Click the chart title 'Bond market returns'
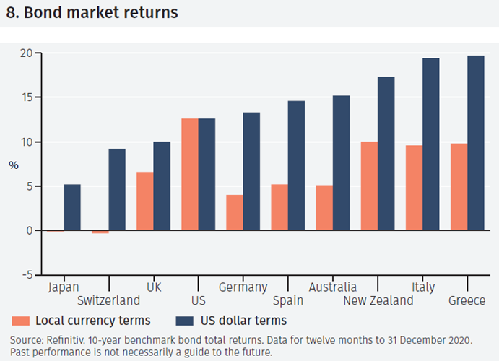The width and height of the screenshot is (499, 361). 100,13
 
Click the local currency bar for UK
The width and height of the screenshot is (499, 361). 144,201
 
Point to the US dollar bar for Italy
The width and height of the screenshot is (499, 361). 430,144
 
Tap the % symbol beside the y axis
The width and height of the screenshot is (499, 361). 14,165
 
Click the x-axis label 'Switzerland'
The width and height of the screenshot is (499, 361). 108,300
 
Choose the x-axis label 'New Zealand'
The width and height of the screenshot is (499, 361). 378,300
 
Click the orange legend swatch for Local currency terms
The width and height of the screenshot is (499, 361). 20,321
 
